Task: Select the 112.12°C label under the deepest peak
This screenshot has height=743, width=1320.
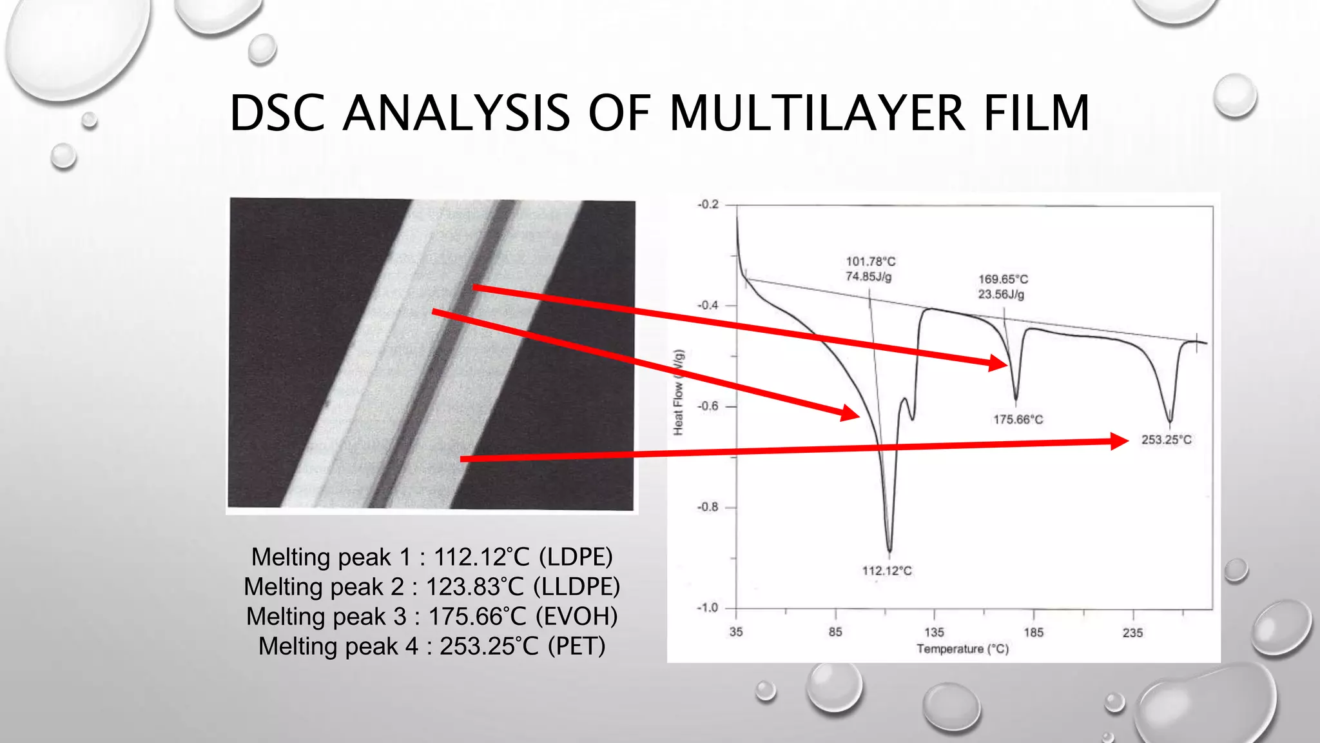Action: tap(887, 571)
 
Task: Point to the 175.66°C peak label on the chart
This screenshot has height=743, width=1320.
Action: tap(1018, 420)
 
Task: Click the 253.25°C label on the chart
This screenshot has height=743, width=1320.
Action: tap(1166, 440)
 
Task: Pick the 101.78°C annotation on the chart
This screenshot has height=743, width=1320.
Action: tap(871, 261)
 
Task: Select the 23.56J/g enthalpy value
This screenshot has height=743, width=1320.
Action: tap(1001, 295)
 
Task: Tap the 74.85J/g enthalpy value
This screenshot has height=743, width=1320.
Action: tap(869, 277)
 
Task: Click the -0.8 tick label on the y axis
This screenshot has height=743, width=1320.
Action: tap(707, 507)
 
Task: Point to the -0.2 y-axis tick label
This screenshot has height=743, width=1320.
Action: tap(708, 204)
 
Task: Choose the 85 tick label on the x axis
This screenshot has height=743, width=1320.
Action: tap(835, 632)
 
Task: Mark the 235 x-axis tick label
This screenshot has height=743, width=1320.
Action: tap(1132, 633)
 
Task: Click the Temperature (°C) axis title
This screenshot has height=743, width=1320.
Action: tap(962, 649)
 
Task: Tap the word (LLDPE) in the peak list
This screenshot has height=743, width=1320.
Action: tap(577, 587)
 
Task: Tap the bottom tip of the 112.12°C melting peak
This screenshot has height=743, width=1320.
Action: tap(890, 552)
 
